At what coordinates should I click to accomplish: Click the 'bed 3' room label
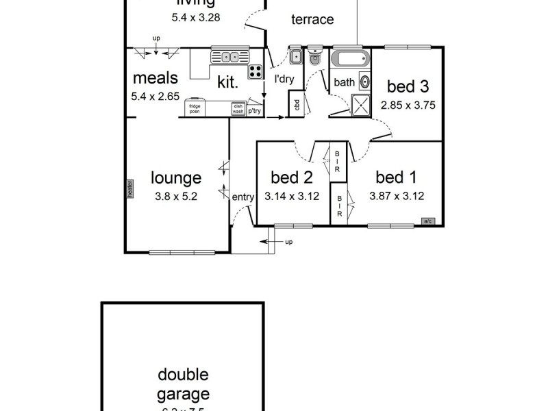click(408, 86)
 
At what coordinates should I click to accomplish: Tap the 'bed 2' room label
click(291, 178)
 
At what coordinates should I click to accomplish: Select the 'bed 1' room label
click(396, 178)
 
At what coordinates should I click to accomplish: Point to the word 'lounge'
click(176, 178)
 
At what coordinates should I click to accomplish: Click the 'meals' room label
click(155, 77)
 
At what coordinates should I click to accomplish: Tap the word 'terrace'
click(312, 19)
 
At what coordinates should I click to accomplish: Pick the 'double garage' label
click(183, 384)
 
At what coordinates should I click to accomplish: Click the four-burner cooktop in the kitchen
click(256, 71)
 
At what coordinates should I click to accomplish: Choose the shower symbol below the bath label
click(360, 103)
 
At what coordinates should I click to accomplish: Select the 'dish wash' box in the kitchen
click(238, 108)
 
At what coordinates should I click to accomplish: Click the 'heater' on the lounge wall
click(128, 188)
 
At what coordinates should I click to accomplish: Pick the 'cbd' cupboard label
click(297, 105)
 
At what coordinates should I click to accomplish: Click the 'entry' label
click(242, 197)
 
